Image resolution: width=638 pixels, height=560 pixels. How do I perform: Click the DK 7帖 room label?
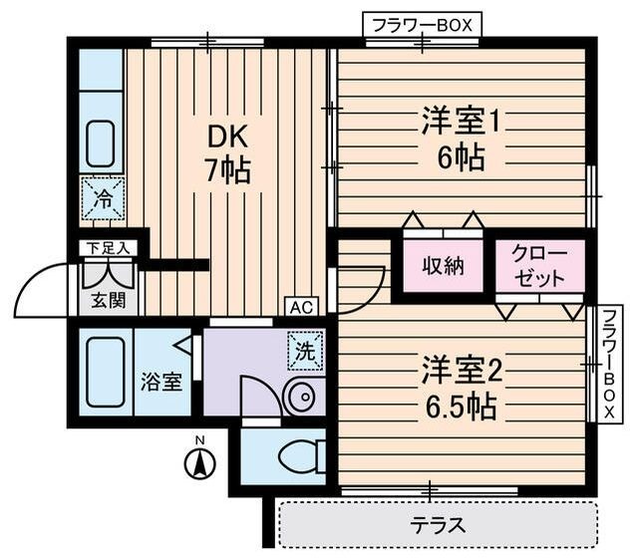(227, 152)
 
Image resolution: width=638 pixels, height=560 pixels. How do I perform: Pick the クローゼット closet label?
(540, 266)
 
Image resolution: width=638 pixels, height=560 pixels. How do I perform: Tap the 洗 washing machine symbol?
(305, 351)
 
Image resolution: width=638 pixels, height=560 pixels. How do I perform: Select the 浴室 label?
(160, 381)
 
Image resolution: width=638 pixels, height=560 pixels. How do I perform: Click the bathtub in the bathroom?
(105, 372)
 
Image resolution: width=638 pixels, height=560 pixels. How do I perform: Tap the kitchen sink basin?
(101, 143)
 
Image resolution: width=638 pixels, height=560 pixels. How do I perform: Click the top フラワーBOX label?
(423, 24)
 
